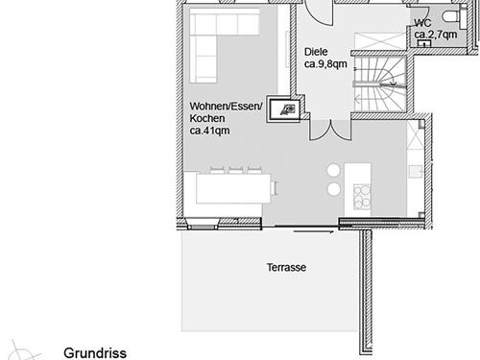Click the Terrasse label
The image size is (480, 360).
tap(286, 269)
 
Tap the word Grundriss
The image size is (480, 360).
tap(95, 352)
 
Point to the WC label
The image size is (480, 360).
tap(421, 21)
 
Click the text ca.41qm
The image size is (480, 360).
tap(208, 131)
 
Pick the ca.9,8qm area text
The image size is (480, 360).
tap(324, 64)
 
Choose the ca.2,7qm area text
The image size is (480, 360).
tap(436, 35)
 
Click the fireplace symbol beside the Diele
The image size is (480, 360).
tap(285, 110)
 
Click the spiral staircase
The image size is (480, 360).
tap(380, 89)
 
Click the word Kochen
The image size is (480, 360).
tap(207, 118)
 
